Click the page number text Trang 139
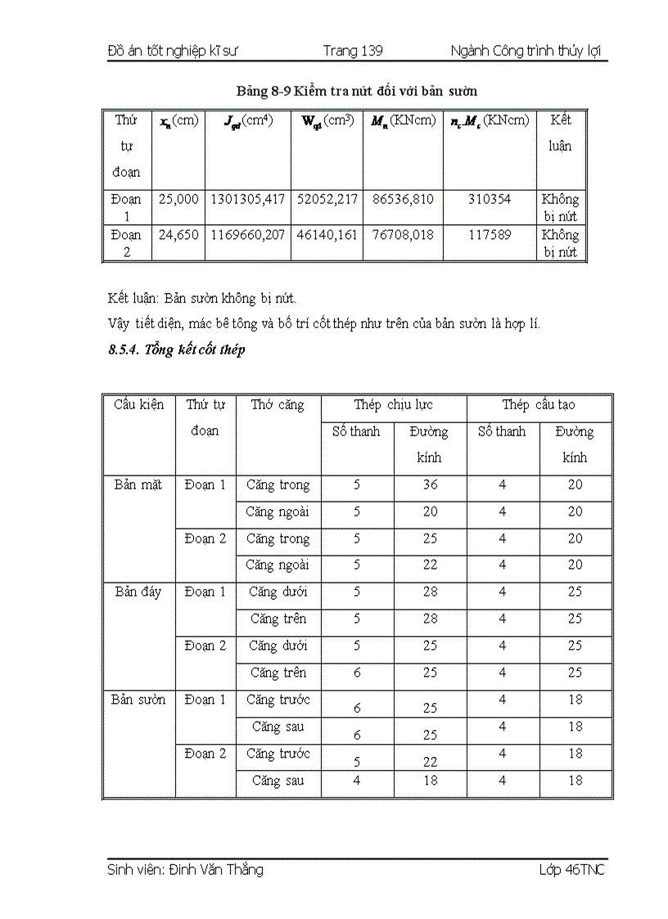[x=352, y=51]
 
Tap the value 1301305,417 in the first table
[x=247, y=199]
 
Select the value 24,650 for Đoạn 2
[x=178, y=235]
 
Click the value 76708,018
[x=402, y=235]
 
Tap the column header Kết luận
[x=560, y=133]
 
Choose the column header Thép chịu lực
[x=393, y=404]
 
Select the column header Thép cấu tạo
[x=539, y=404]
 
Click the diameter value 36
[x=430, y=484]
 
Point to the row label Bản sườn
[x=139, y=700]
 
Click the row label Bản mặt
[x=139, y=484]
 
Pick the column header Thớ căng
[x=277, y=404]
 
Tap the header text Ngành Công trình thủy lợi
[x=526, y=51]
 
